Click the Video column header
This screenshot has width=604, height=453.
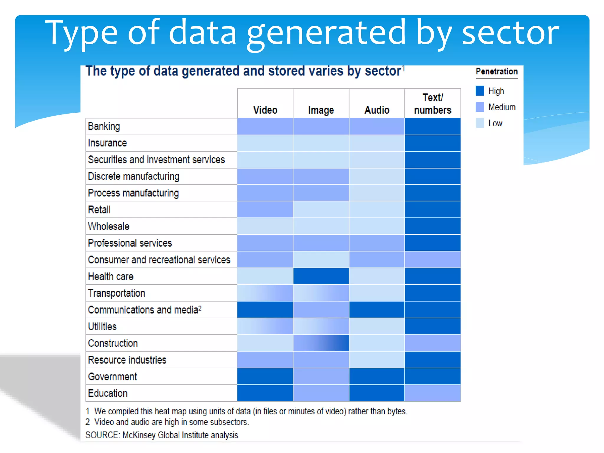click(x=265, y=110)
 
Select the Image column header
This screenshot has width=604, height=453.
click(x=321, y=110)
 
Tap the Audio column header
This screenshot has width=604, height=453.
click(x=377, y=110)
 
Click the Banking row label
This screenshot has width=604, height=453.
click(x=104, y=126)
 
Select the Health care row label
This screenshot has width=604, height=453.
click(x=111, y=276)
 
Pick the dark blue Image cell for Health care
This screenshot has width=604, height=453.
click(x=321, y=276)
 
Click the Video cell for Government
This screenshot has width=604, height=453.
click(x=265, y=376)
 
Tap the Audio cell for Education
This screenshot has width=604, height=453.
click(x=377, y=393)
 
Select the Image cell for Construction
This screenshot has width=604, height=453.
click(x=321, y=343)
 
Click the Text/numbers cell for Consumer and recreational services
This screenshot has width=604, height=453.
click(x=433, y=260)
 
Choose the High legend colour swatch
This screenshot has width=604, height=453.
click(x=480, y=91)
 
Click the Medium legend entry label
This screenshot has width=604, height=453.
click(x=502, y=107)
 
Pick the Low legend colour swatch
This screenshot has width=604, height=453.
click(x=480, y=123)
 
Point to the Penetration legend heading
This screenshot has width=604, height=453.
click(x=497, y=71)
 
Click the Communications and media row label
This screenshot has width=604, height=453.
click(x=145, y=310)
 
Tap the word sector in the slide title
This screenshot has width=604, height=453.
click(x=510, y=32)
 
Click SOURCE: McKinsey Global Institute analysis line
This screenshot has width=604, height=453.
click(x=162, y=435)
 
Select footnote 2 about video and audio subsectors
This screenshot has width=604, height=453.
click(x=167, y=422)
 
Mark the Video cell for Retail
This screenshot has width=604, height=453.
click(x=265, y=210)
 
